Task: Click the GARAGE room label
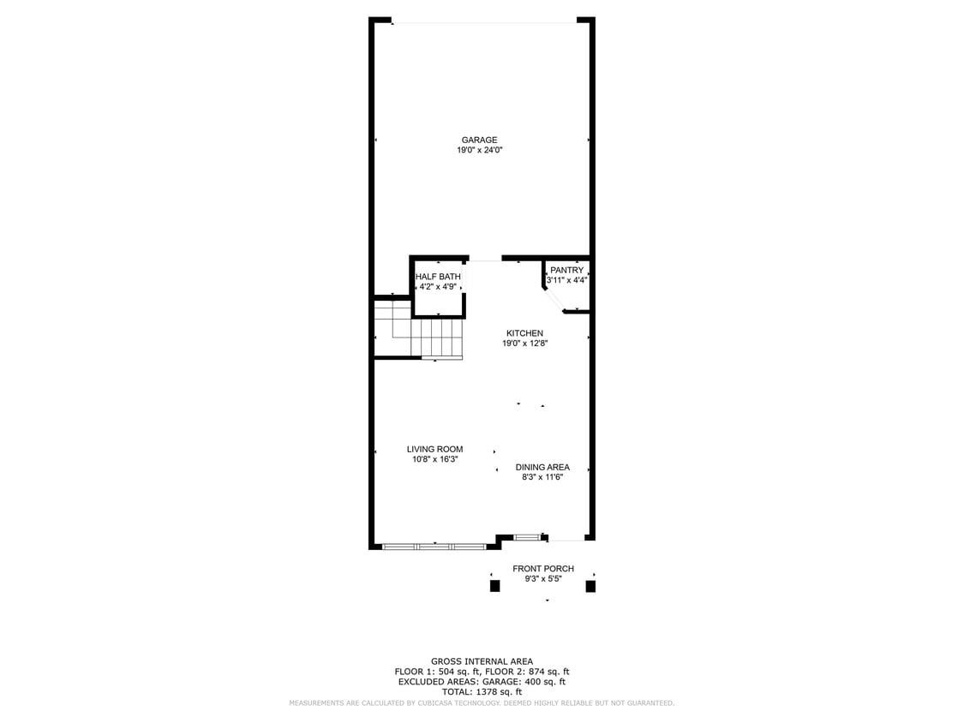tap(479, 140)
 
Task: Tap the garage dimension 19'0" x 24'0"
tap(479, 151)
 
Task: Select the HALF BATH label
tap(438, 277)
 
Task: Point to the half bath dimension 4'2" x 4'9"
tap(438, 287)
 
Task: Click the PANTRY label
tap(566, 270)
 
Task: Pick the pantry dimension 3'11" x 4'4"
tap(566, 280)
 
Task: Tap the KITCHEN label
tap(524, 333)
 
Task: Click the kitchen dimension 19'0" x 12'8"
tap(524, 344)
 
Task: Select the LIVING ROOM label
tap(434, 449)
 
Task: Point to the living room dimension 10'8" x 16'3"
tap(434, 459)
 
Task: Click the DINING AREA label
tap(542, 468)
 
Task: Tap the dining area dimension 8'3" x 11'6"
tap(542, 478)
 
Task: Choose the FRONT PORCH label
tap(543, 569)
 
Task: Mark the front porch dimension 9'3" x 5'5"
tap(543, 579)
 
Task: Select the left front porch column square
tap(494, 587)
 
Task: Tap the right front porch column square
tap(590, 587)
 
